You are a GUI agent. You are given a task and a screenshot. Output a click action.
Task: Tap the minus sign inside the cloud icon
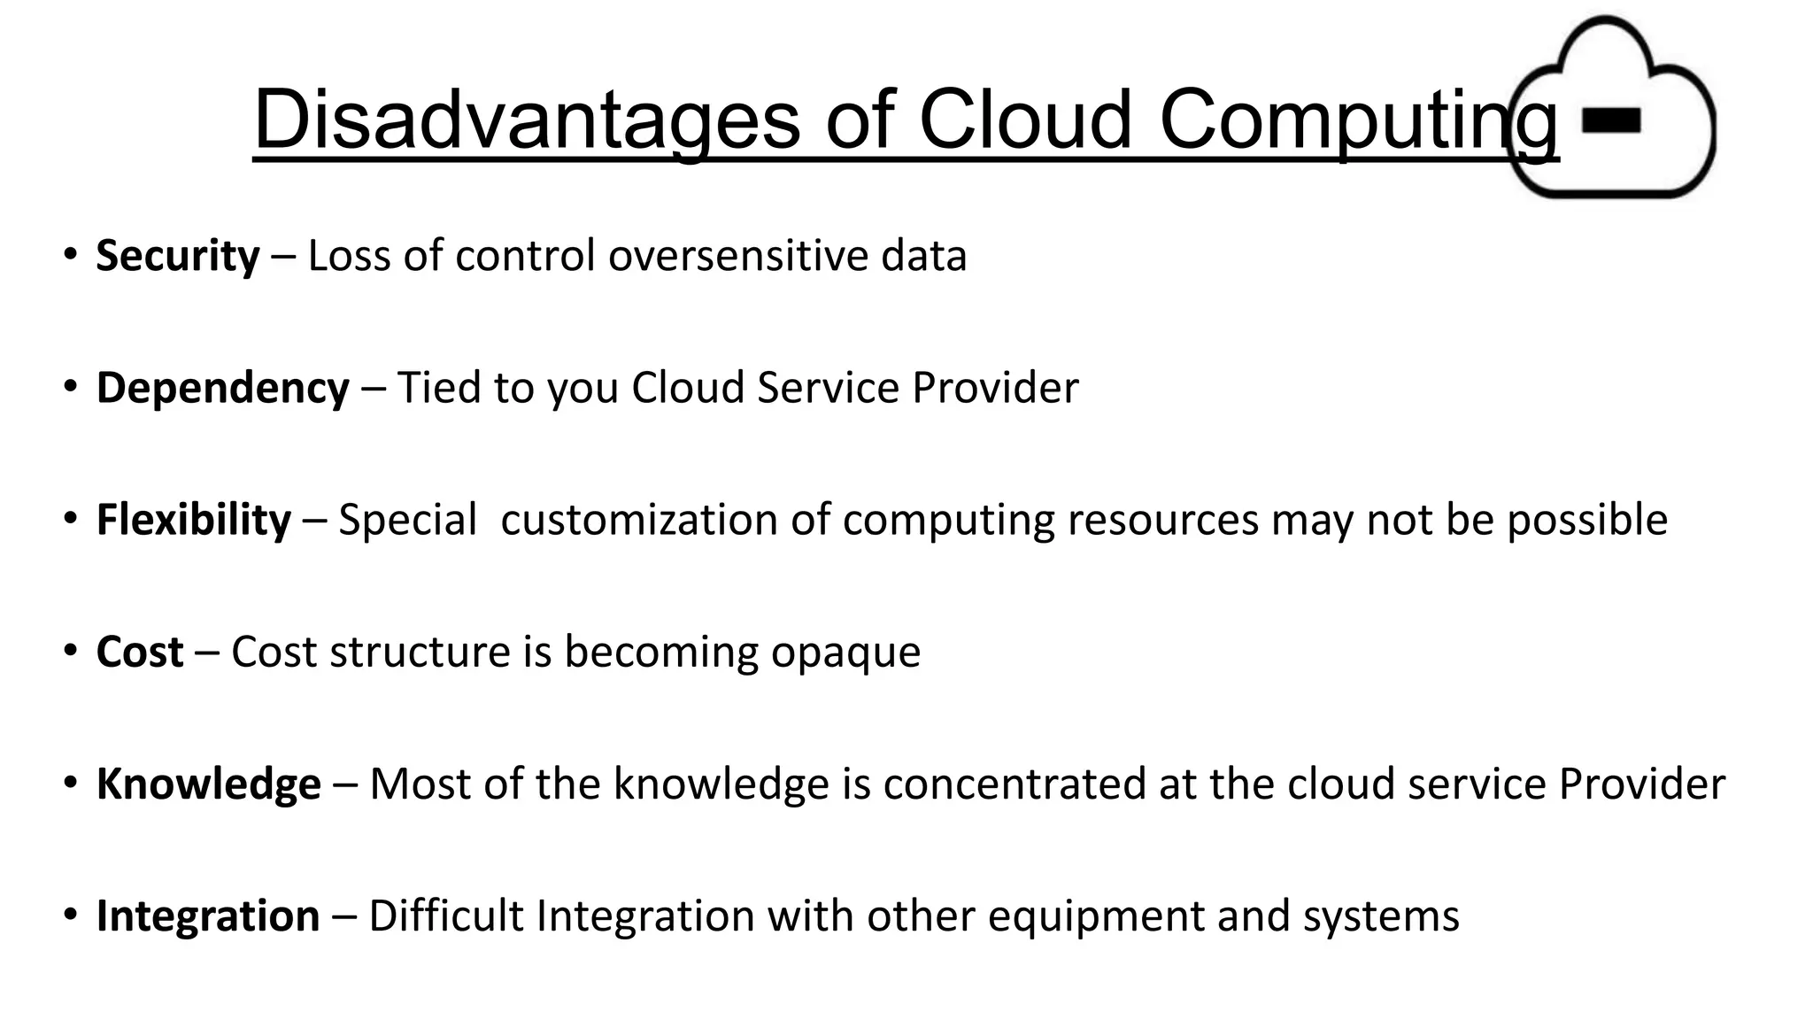coord(1611,120)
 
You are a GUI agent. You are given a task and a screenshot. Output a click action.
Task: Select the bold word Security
coord(178,256)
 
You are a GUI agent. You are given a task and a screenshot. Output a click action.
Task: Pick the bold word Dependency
coord(223,388)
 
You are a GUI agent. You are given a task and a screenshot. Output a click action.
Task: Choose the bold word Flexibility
coord(193,520)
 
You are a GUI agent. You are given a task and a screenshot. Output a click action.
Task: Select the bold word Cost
coord(140,653)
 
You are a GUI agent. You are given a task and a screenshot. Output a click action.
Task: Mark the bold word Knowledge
coord(208,784)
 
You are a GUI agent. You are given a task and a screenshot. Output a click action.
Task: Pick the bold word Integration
coord(208,916)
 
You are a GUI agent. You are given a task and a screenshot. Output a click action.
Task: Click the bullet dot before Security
coord(70,255)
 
